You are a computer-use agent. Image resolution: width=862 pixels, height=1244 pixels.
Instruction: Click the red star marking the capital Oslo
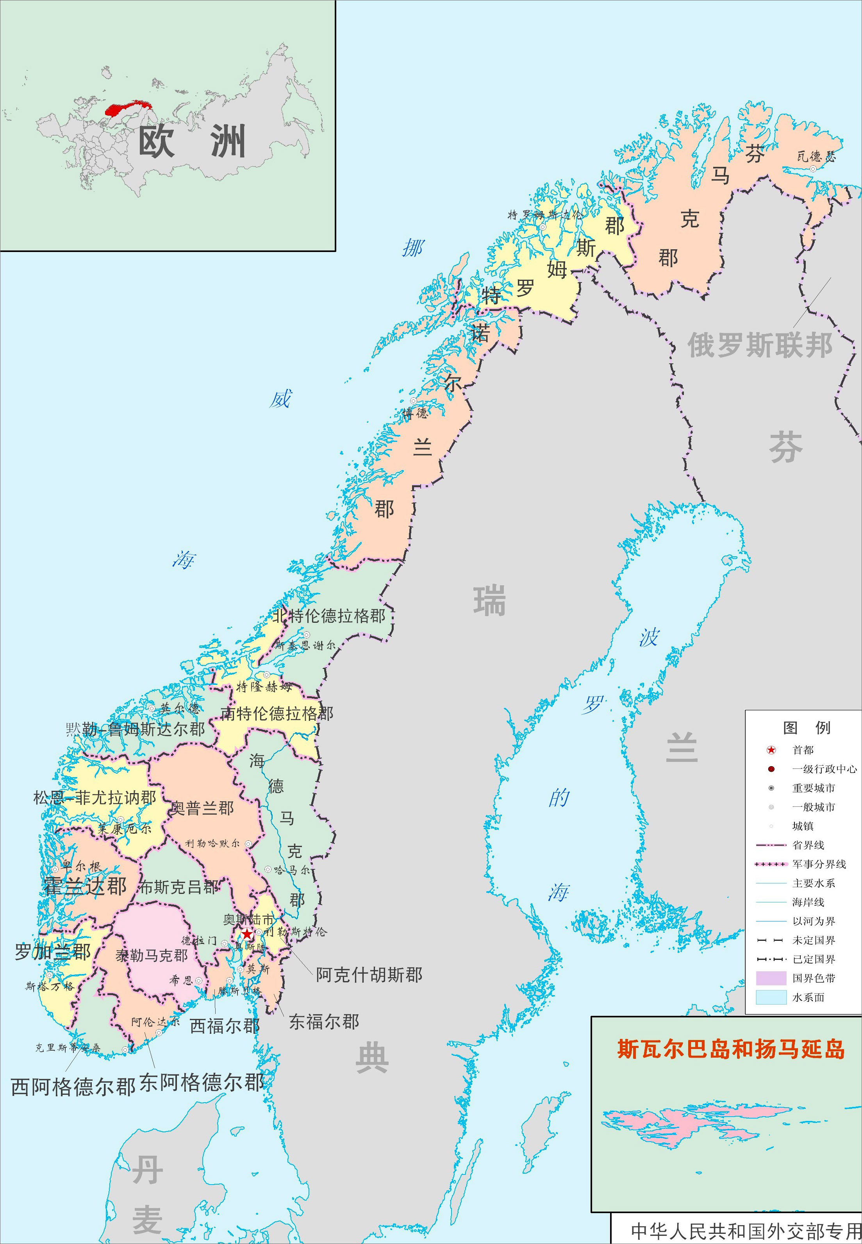[247, 934]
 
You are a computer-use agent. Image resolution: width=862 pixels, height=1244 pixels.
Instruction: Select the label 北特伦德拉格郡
[328, 616]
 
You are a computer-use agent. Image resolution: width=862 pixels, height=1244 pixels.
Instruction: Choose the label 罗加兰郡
[53, 951]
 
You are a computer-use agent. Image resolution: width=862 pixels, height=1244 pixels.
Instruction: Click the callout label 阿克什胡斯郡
[369, 975]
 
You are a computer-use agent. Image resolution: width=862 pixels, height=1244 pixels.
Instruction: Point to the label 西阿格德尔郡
[73, 1087]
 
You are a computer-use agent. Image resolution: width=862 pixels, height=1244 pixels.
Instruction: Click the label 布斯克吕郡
[179, 887]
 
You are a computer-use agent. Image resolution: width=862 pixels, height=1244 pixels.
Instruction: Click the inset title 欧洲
[192, 141]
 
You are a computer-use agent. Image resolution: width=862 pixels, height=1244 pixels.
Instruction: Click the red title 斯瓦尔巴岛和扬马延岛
[730, 1049]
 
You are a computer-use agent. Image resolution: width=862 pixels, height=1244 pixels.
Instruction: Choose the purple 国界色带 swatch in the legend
[771, 978]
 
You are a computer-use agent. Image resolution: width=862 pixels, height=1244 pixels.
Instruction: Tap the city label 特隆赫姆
[264, 686]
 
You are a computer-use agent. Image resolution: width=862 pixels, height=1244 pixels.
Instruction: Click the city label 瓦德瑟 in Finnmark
[816, 157]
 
